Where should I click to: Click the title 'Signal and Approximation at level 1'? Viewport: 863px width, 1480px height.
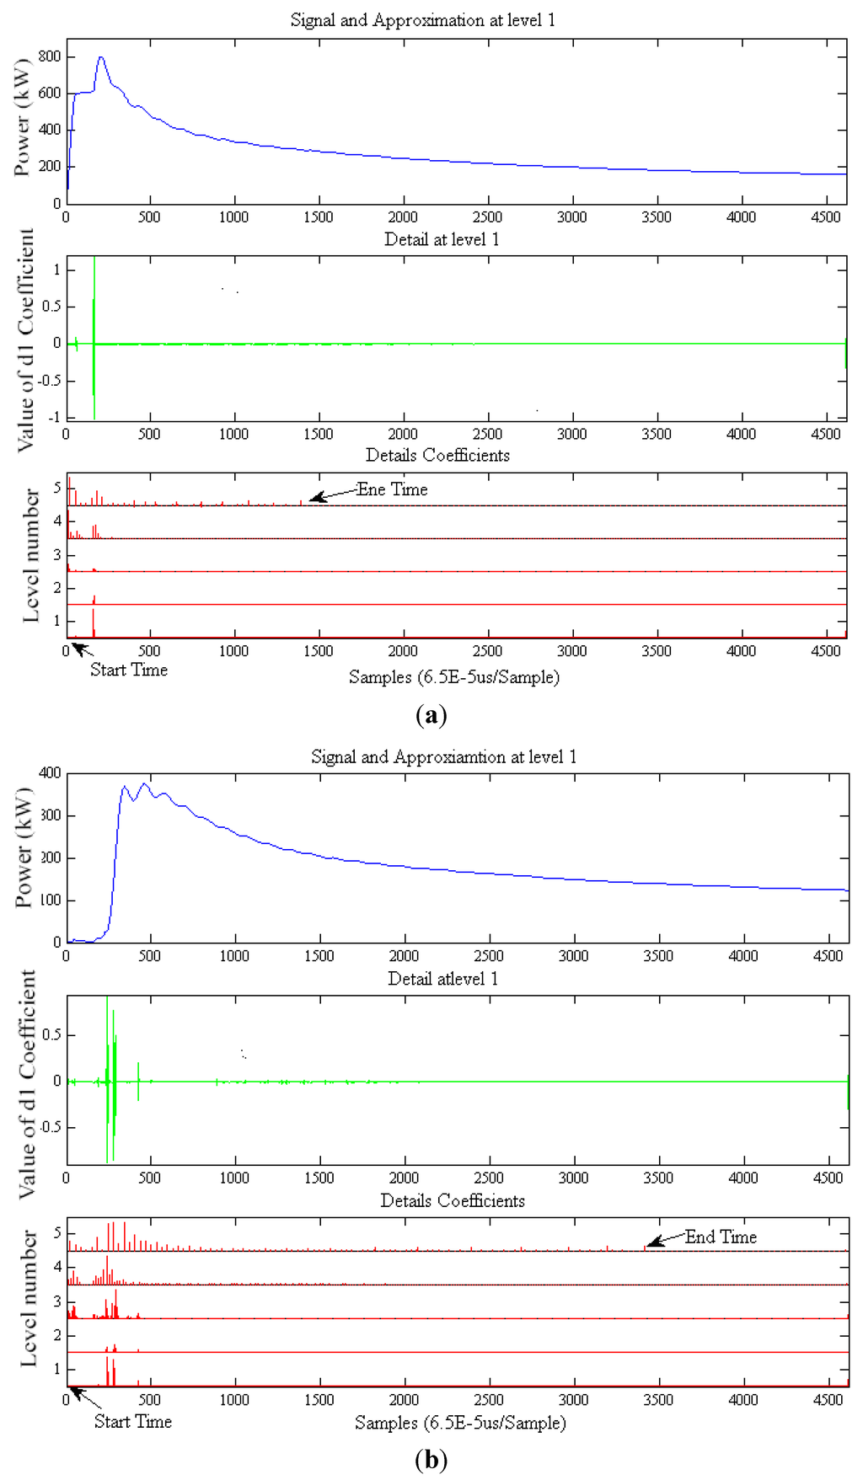422,20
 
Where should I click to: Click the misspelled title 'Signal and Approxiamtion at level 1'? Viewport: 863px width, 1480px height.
443,757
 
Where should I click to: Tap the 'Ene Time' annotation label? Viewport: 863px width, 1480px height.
392,489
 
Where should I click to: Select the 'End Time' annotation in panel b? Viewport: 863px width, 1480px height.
721,1237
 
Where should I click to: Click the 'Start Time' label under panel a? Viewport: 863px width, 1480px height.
129,670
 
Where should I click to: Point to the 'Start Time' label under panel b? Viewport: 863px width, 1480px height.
132,1421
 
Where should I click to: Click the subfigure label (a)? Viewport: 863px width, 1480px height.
431,716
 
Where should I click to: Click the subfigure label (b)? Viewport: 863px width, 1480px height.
431,1459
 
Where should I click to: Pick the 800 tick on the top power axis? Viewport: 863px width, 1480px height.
50,56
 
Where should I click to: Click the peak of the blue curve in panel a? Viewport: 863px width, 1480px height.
101,57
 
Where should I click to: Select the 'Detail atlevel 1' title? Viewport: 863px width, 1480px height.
442,979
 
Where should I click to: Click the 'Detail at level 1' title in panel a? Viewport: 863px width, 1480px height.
442,239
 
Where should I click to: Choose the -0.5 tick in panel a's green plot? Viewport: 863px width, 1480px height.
47,380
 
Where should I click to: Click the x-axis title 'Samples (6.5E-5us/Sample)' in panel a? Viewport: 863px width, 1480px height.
454,677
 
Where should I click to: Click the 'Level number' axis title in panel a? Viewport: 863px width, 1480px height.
30,556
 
